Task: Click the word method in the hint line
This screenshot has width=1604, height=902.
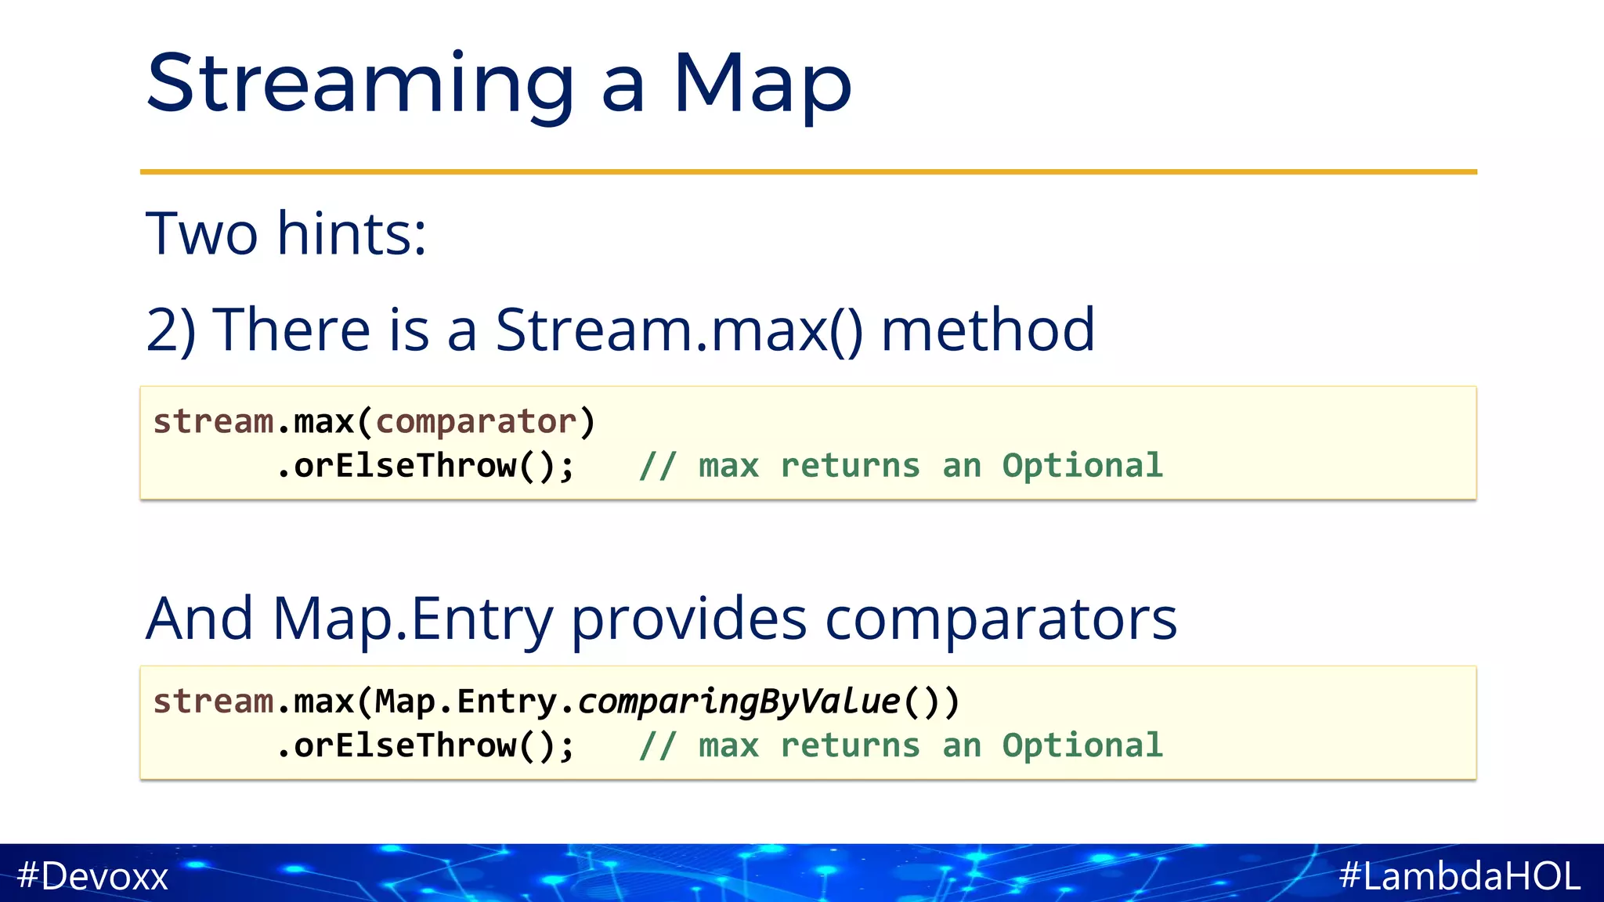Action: (x=988, y=330)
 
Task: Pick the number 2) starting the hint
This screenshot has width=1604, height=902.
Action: (x=171, y=330)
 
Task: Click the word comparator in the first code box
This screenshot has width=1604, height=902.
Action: (x=476, y=422)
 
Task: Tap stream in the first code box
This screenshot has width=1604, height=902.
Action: (x=213, y=422)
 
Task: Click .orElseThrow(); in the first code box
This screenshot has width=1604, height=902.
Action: (x=426, y=467)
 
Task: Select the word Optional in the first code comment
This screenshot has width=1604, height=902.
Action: (x=1082, y=467)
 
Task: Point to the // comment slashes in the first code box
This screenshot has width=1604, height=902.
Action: (x=656, y=467)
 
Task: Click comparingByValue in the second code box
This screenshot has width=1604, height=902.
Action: (x=739, y=702)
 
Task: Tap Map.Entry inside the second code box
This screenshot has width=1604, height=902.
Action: (x=465, y=702)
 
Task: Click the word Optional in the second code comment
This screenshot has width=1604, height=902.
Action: (x=1082, y=746)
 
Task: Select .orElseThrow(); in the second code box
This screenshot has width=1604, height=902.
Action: (x=426, y=746)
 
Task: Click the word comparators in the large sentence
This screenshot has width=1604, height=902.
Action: (x=1000, y=619)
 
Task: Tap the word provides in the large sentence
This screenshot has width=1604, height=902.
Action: (x=688, y=619)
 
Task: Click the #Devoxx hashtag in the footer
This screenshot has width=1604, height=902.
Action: (x=92, y=875)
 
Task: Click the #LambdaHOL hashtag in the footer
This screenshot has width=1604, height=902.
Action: (x=1459, y=875)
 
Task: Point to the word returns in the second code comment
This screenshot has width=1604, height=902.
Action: (x=850, y=746)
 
